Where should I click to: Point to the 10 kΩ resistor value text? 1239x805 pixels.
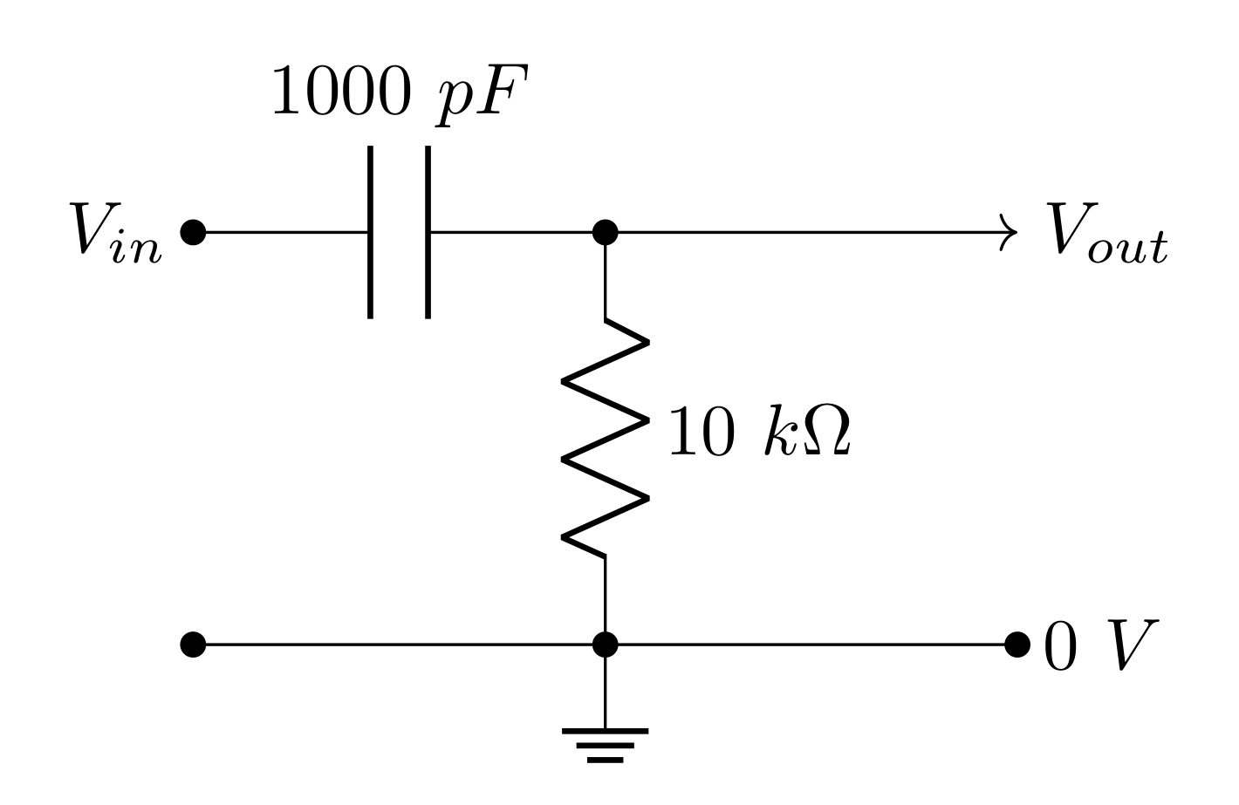pyautogui.click(x=758, y=431)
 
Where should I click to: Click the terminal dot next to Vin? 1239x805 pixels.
pyautogui.click(x=193, y=232)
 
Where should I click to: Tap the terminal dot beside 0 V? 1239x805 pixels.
pyautogui.click(x=1017, y=645)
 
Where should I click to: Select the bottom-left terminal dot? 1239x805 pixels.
pyautogui.click(x=193, y=645)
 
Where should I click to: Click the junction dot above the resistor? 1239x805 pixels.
pyautogui.click(x=605, y=232)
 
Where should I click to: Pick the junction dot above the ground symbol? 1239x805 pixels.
pyautogui.click(x=605, y=645)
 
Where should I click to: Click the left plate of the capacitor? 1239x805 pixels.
pyautogui.click(x=371, y=232)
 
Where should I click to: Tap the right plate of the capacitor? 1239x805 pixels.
pyautogui.click(x=428, y=232)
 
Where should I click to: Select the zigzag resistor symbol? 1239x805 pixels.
pyautogui.click(x=606, y=436)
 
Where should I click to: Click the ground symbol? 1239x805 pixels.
pyautogui.click(x=605, y=744)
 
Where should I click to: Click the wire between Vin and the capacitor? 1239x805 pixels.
pyautogui.click(x=279, y=232)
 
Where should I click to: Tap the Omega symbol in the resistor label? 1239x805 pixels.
pyautogui.click(x=825, y=432)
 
